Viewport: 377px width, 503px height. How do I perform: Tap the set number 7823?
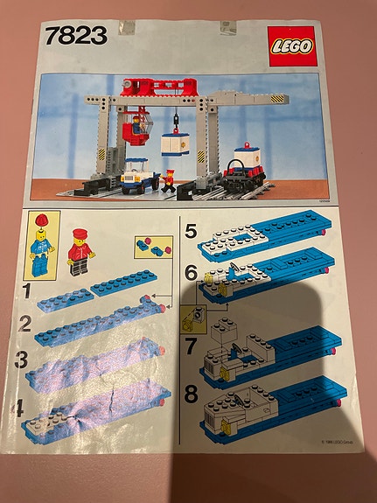point(74,36)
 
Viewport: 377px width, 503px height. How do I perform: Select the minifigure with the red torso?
point(80,250)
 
